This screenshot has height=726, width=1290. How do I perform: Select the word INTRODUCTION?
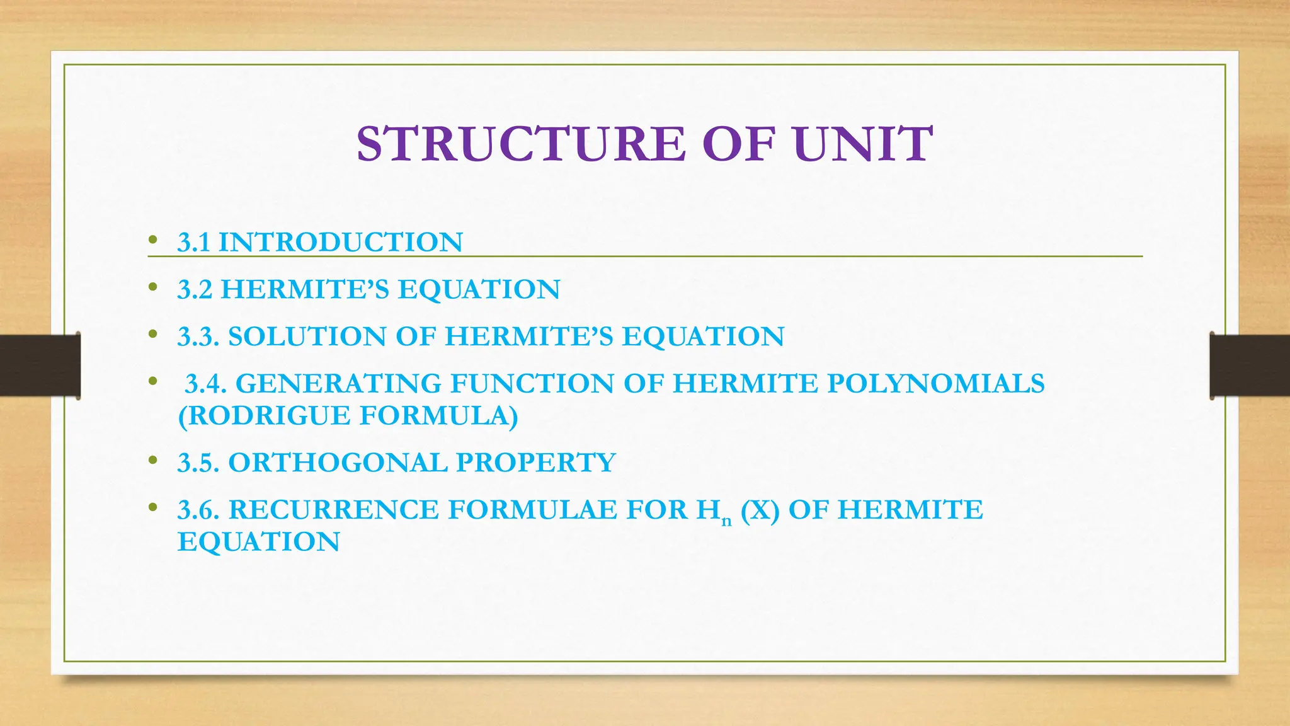coord(340,243)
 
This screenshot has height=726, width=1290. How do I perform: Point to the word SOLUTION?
coord(307,337)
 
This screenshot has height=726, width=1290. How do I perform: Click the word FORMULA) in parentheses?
coord(439,416)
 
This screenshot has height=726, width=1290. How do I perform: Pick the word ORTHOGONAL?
coord(337,463)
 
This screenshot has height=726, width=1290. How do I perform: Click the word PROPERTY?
coord(536,463)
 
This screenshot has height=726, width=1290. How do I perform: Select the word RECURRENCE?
coord(333,510)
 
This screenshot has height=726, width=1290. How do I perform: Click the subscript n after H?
coord(726,521)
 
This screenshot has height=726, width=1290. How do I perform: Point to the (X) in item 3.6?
coord(760,510)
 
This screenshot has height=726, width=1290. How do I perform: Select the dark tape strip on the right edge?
coord(1250,366)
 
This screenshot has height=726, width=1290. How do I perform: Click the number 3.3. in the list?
coord(198,337)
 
